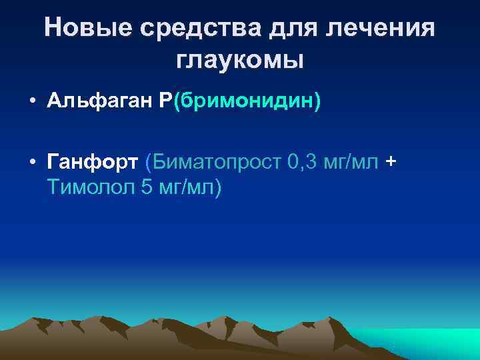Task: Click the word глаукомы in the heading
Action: pyautogui.click(x=241, y=60)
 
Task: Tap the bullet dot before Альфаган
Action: pyautogui.click(x=31, y=102)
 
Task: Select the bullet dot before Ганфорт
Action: pyautogui.click(x=31, y=161)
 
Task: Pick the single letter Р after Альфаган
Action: pyautogui.click(x=165, y=102)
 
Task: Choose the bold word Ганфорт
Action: pyautogui.click(x=93, y=161)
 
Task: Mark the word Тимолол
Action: pyautogui.click(x=91, y=188)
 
